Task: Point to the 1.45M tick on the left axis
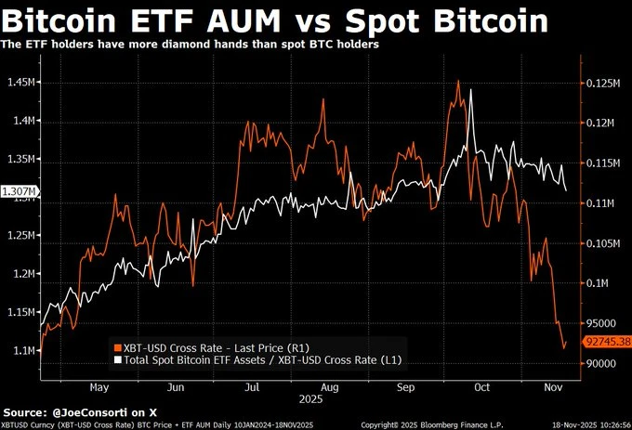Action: pyautogui.click(x=20, y=83)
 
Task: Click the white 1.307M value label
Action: pyautogui.click(x=20, y=191)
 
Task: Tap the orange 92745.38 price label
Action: pyautogui.click(x=607, y=342)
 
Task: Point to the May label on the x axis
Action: pyautogui.click(x=99, y=386)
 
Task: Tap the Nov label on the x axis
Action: pyautogui.click(x=552, y=386)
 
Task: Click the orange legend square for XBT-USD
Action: pyautogui.click(x=116, y=345)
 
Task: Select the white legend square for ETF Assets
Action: pyautogui.click(x=116, y=358)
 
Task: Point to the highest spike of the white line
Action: pyautogui.click(x=472, y=90)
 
